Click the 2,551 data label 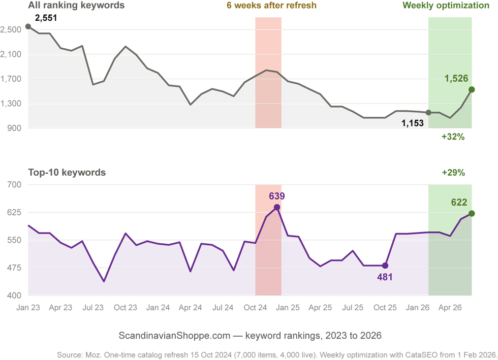pos(46,18)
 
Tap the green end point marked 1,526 pos(472,89)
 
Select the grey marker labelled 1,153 pos(428,112)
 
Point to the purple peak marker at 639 pos(277,207)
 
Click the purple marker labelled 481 pos(385,266)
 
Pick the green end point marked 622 pos(472,213)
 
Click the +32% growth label pos(453,137)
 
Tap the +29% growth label pos(453,173)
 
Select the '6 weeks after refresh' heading pos(271,6)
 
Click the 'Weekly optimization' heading pos(446,6)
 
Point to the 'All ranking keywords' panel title pos(76,6)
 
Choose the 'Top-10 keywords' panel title pos(67,172)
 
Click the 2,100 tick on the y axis pos(11,54)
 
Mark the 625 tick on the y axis pos(14,212)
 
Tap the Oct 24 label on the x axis pos(255,308)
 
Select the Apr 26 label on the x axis pos(450,308)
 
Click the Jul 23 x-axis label pos(93,308)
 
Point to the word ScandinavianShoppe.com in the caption pos(174,336)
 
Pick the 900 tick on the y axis pos(14,128)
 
